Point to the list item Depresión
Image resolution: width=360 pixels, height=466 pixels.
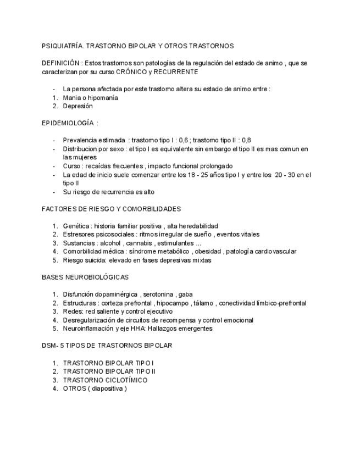point(77,106)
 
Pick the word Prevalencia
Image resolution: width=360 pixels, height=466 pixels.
point(79,140)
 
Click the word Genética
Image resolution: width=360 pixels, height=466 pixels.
point(75,226)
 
